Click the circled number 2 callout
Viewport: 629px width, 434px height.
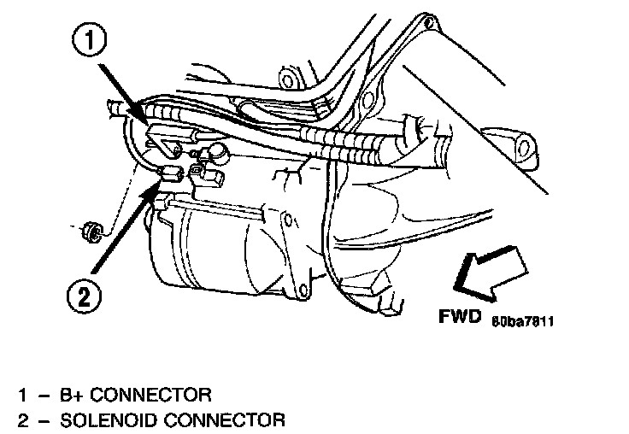click(83, 298)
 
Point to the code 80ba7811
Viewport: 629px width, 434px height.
click(523, 321)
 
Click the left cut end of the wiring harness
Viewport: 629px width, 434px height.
click(113, 108)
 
